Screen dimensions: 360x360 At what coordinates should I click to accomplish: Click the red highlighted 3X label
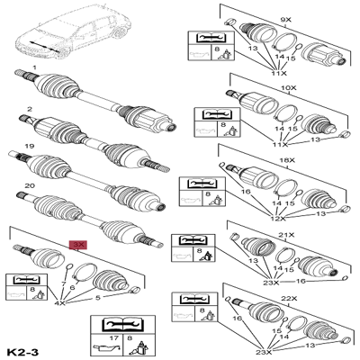78,245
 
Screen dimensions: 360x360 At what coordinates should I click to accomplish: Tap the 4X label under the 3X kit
60,303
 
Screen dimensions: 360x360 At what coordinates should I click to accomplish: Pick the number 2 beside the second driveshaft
29,109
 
